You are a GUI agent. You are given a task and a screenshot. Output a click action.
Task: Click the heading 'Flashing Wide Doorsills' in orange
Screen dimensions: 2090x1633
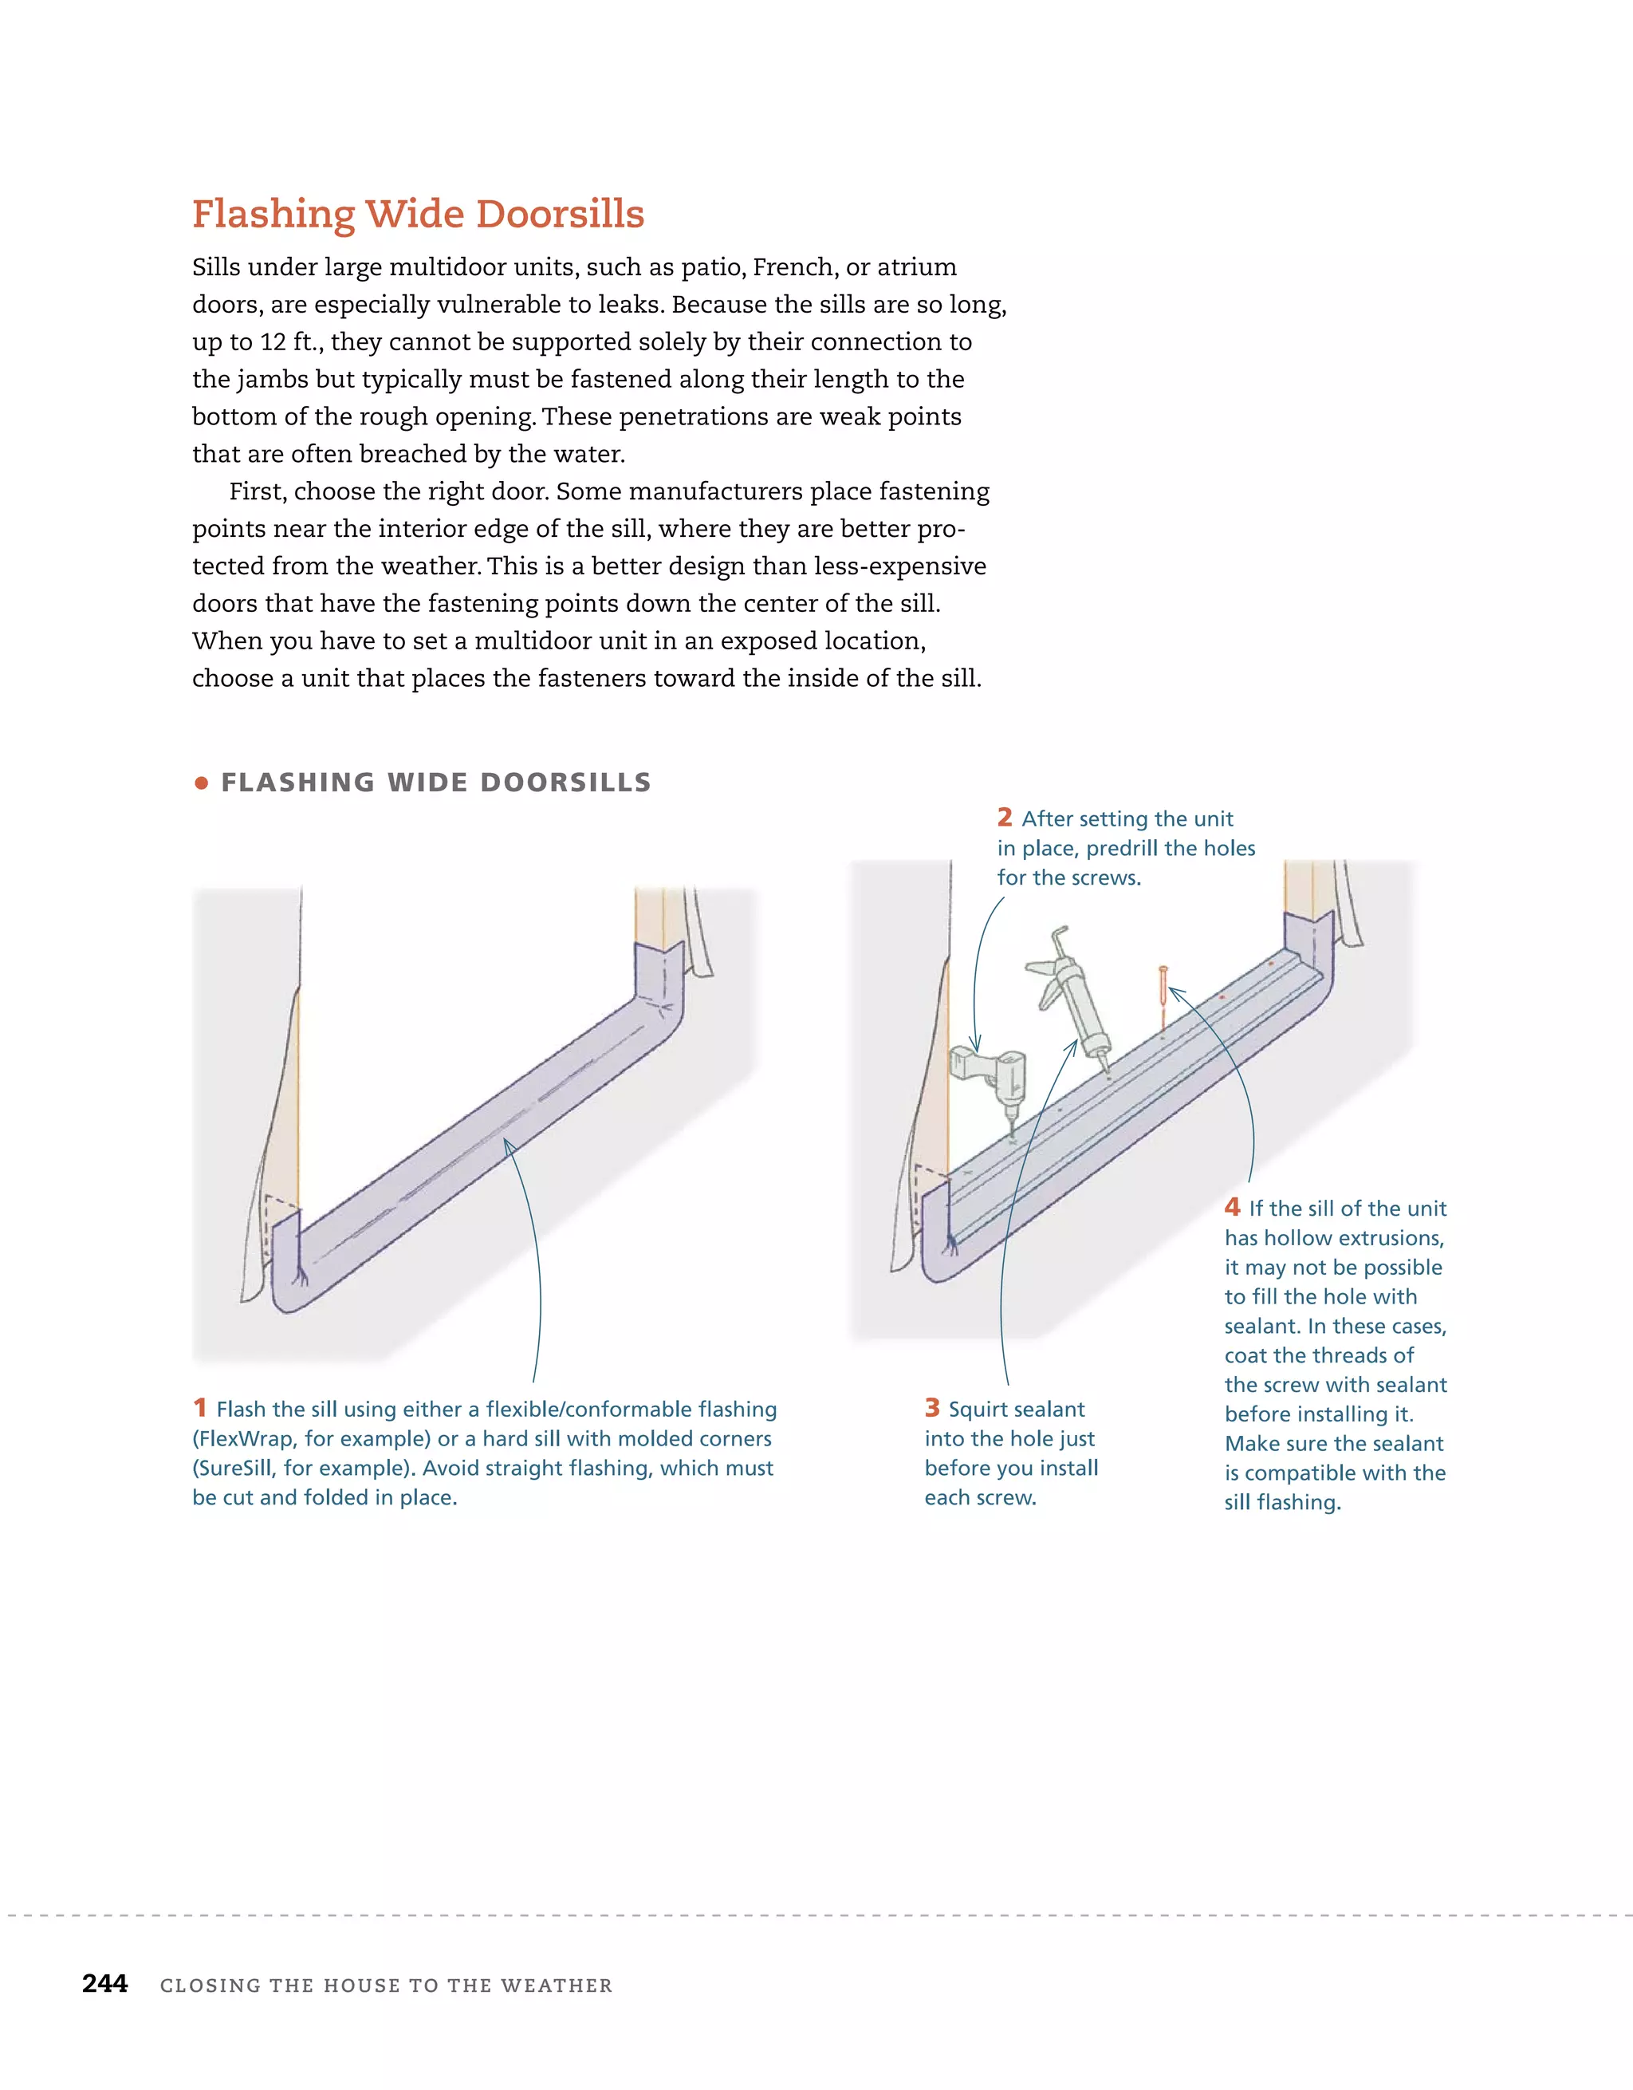(x=418, y=215)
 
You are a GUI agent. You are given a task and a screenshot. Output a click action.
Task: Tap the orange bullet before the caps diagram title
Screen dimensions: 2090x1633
(x=201, y=783)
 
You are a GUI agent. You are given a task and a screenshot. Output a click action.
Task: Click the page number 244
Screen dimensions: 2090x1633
(x=105, y=1984)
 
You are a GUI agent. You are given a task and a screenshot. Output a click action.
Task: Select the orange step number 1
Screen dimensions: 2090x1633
(x=200, y=1408)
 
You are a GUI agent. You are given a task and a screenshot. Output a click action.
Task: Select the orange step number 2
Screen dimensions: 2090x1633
(x=1005, y=817)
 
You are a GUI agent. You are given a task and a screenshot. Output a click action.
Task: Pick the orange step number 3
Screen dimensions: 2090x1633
(x=933, y=1408)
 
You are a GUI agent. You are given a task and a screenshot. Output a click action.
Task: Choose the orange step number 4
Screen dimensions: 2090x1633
(x=1232, y=1207)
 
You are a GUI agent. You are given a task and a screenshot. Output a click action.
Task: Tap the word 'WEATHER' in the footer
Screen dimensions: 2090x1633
(x=556, y=1986)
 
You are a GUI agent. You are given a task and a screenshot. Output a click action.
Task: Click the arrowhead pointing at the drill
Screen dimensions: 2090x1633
(x=976, y=1045)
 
